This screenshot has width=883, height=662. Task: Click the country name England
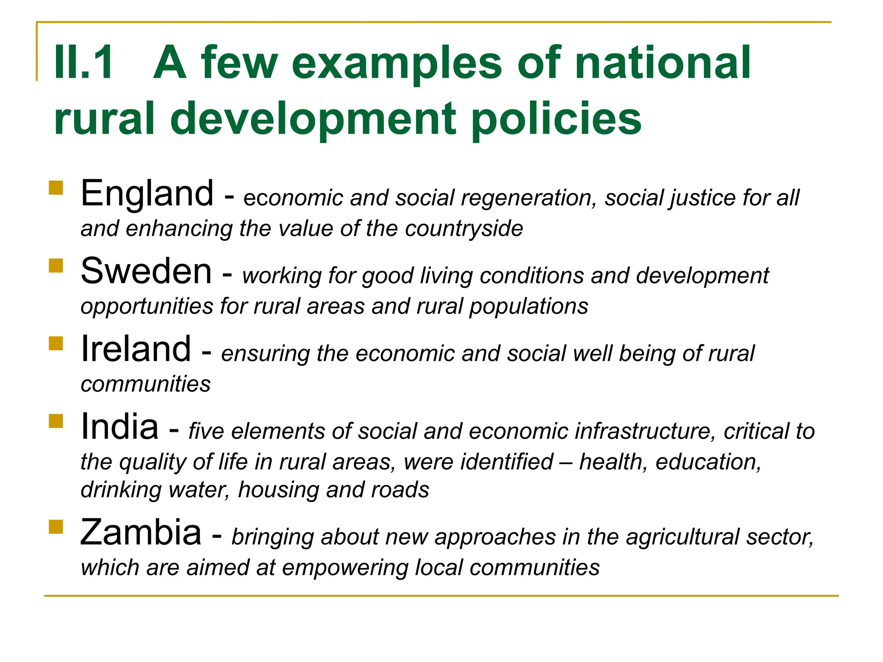(x=147, y=194)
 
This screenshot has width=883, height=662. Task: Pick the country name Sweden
(x=146, y=271)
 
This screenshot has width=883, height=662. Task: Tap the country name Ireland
(x=136, y=349)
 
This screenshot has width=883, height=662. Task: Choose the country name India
(x=119, y=426)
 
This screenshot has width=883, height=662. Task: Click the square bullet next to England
(x=56, y=188)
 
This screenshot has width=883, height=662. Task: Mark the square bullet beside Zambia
(x=56, y=527)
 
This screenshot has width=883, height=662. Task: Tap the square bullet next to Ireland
(x=56, y=343)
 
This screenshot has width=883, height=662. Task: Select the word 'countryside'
(x=464, y=228)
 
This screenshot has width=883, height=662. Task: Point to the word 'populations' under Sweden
(x=529, y=306)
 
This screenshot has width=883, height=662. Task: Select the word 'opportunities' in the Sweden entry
(x=147, y=306)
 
